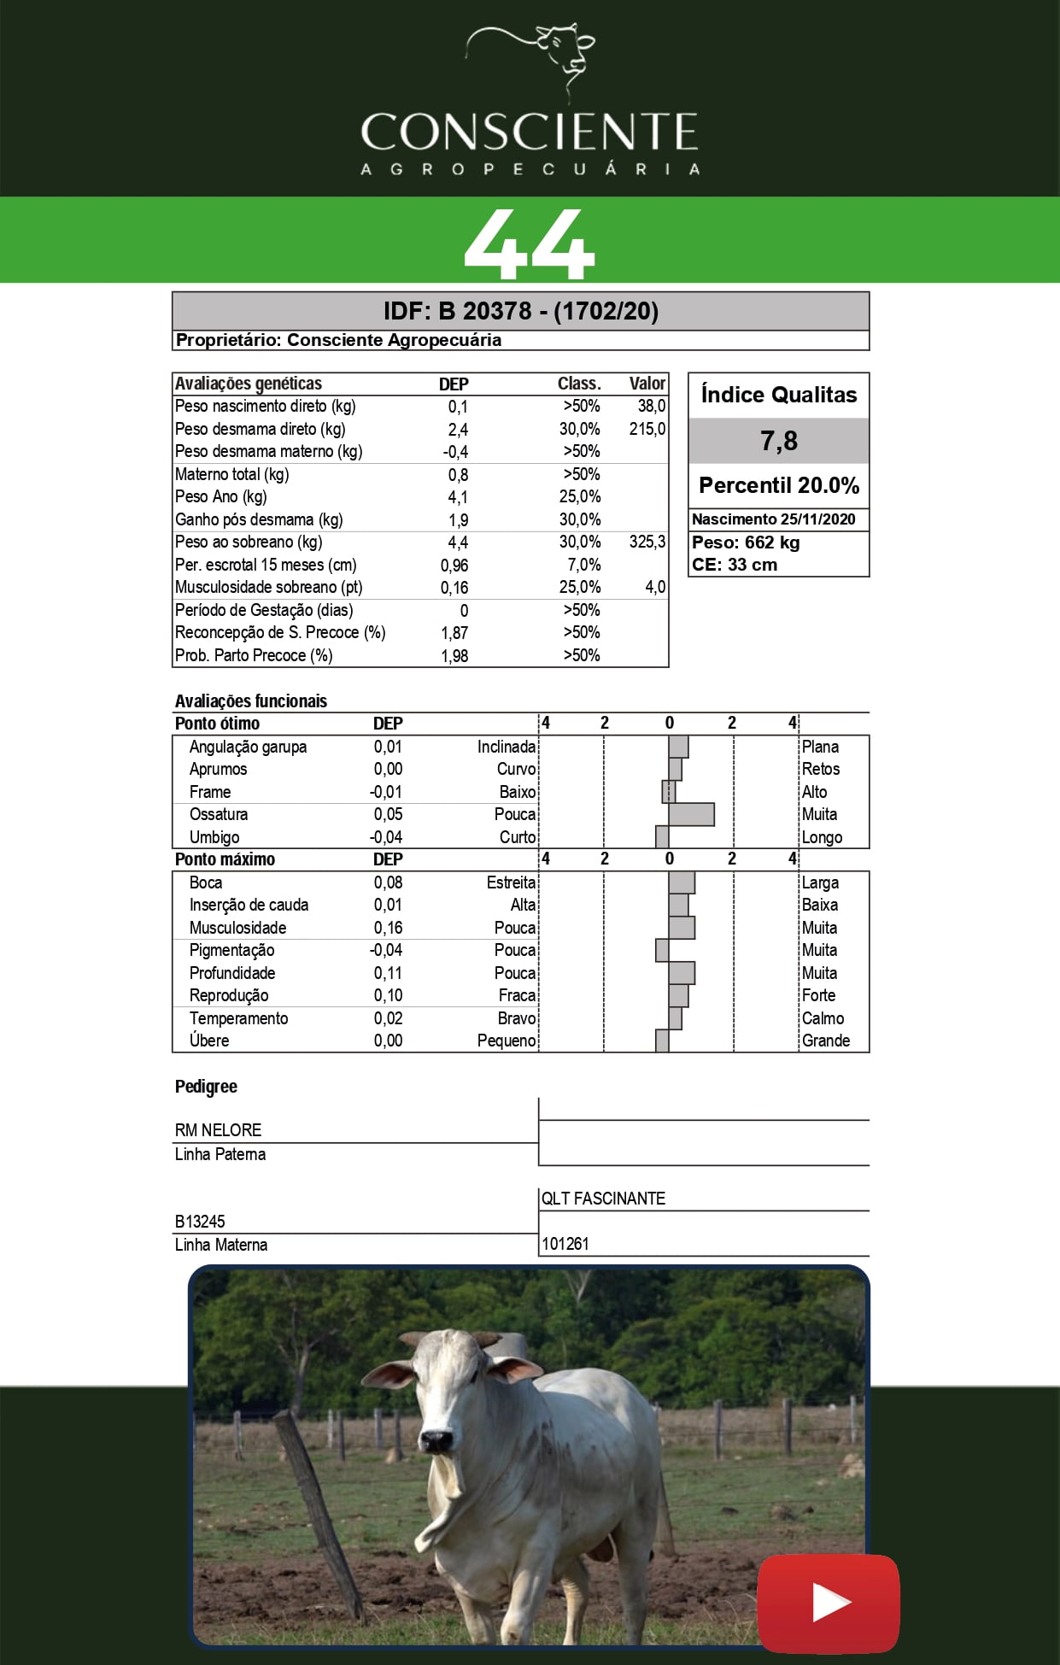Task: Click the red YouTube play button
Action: (x=829, y=1603)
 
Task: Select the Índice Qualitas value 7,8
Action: (x=779, y=441)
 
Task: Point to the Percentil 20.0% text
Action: (x=779, y=485)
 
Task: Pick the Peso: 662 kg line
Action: (x=746, y=542)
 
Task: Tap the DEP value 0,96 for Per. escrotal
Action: (x=454, y=566)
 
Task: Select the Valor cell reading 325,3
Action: (x=647, y=542)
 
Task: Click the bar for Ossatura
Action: (x=691, y=814)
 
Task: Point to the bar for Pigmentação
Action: (x=662, y=950)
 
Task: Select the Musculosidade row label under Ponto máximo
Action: (x=237, y=928)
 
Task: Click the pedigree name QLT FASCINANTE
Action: (x=603, y=1199)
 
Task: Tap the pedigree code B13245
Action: (x=200, y=1222)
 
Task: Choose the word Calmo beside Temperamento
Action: (x=823, y=1018)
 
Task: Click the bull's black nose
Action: (x=436, y=1440)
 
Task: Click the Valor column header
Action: (x=647, y=384)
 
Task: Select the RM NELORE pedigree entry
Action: (x=218, y=1130)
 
